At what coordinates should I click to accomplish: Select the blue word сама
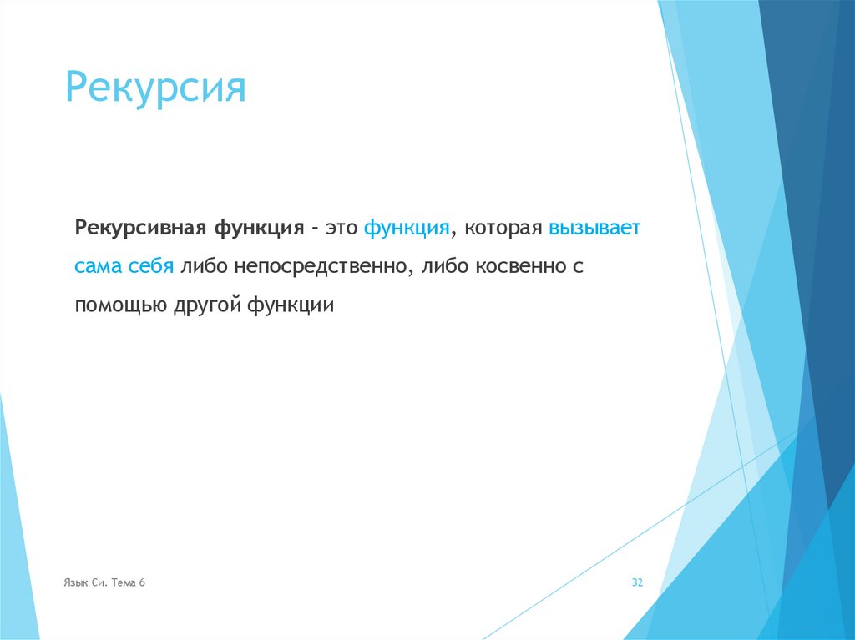(99, 266)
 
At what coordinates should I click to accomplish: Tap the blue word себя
(151, 266)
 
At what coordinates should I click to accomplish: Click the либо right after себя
(204, 266)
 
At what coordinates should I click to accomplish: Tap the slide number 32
(637, 582)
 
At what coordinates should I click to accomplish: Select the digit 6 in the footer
(143, 582)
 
